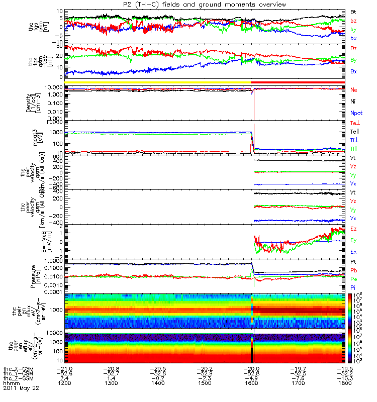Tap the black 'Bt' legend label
(x=353, y=12)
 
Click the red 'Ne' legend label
(x=353, y=89)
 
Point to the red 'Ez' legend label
(x=353, y=229)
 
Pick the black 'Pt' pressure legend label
(x=353, y=262)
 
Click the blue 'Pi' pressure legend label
(x=353, y=286)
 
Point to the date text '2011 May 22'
(x=21, y=388)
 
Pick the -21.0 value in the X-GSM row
(x=65, y=368)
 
